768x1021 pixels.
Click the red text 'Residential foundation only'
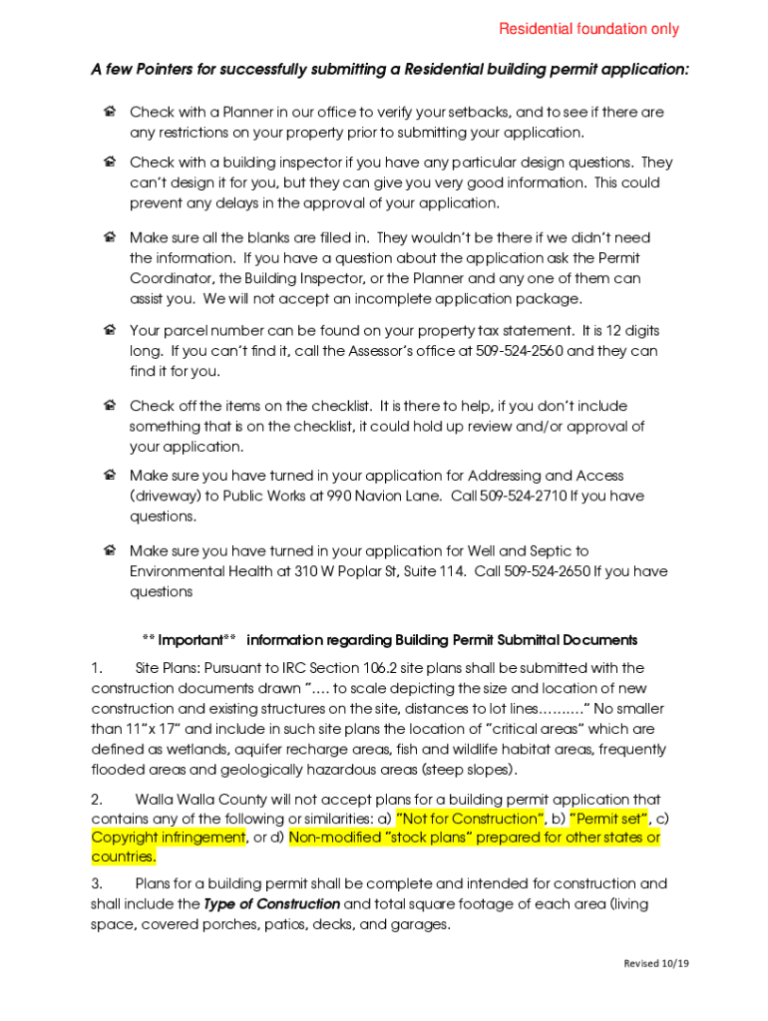(x=588, y=29)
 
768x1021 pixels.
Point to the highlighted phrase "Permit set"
(x=608, y=819)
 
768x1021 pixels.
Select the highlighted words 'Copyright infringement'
(x=169, y=838)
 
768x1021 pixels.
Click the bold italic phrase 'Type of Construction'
(x=271, y=904)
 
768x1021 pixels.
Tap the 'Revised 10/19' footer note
(x=656, y=963)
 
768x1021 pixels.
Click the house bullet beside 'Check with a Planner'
(x=110, y=112)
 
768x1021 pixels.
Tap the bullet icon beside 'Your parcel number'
(x=110, y=330)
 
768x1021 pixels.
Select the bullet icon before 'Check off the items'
(x=110, y=406)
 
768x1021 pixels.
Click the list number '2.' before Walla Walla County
(x=97, y=800)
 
